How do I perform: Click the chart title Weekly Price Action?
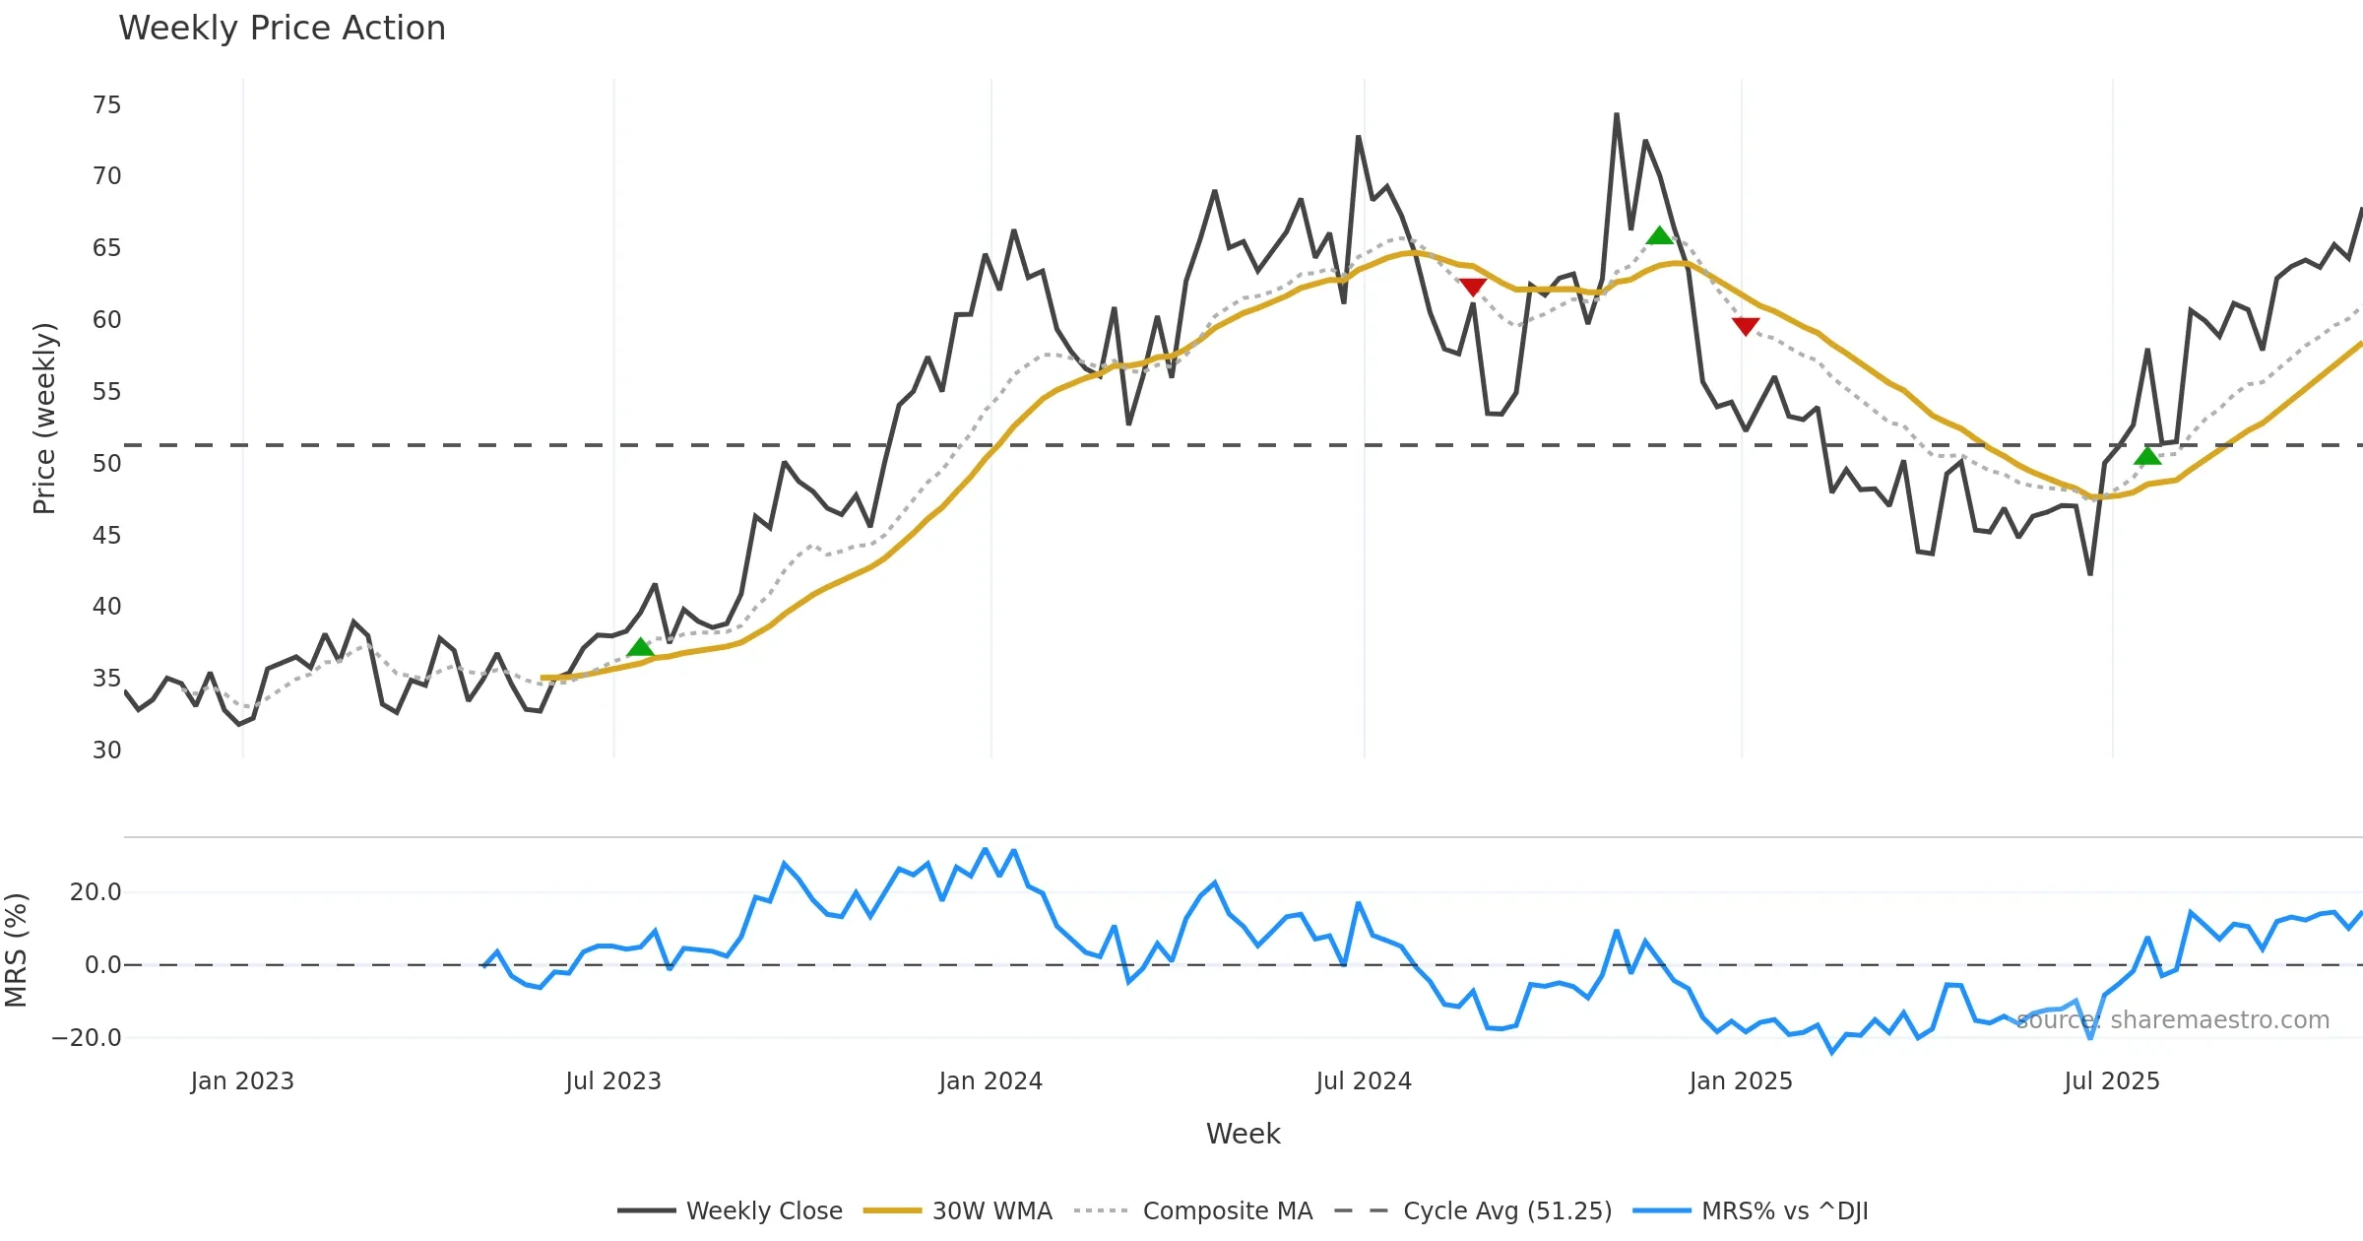pyautogui.click(x=282, y=29)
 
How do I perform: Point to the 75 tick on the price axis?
pyautogui.click(x=106, y=105)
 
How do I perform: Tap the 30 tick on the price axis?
pyautogui.click(x=106, y=751)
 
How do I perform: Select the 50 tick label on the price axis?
pyautogui.click(x=106, y=464)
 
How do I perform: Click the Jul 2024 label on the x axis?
pyautogui.click(x=1364, y=1081)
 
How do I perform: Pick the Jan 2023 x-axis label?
pyautogui.click(x=242, y=1081)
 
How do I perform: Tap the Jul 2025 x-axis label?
pyautogui.click(x=2112, y=1081)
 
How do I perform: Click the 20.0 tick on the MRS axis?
pyautogui.click(x=96, y=892)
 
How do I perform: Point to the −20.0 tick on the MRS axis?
pyautogui.click(x=87, y=1038)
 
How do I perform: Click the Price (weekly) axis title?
pyautogui.click(x=44, y=419)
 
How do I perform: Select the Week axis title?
pyautogui.click(x=1243, y=1135)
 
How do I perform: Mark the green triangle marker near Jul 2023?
pyautogui.click(x=640, y=647)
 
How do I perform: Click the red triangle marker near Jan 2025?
pyautogui.click(x=1746, y=326)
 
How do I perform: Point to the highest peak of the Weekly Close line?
pyautogui.click(x=1617, y=114)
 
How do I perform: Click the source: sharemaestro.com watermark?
pyautogui.click(x=2172, y=1020)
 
